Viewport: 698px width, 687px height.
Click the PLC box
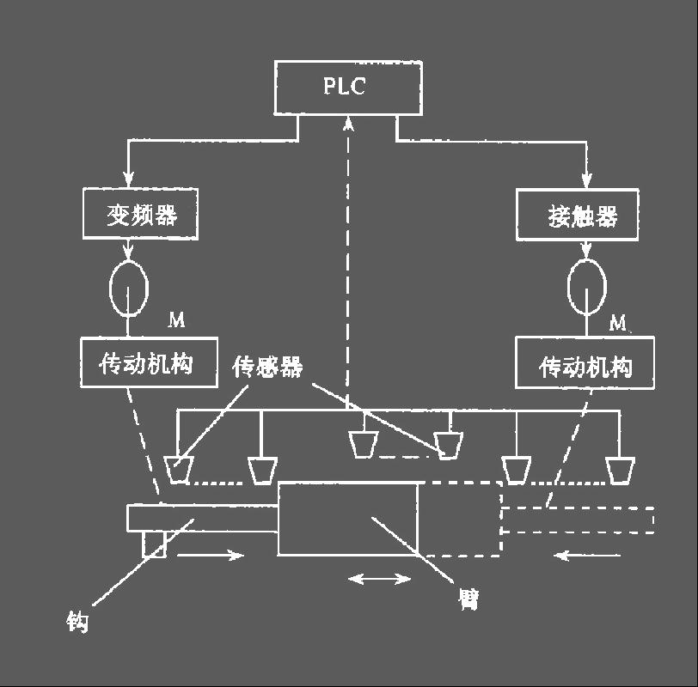click(x=348, y=88)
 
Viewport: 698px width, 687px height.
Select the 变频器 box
click(x=141, y=214)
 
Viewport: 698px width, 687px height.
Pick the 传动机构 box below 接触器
click(x=585, y=367)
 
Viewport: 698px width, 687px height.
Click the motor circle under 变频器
click(x=128, y=289)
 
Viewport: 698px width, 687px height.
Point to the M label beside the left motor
click(x=176, y=320)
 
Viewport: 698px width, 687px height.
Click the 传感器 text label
click(x=268, y=368)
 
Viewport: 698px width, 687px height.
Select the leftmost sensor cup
click(x=180, y=469)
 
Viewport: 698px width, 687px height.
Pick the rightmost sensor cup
click(x=620, y=469)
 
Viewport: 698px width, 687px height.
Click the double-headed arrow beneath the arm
click(x=380, y=580)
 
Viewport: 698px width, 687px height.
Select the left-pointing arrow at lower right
click(x=588, y=556)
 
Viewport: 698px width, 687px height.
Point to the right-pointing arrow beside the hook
click(x=211, y=556)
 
